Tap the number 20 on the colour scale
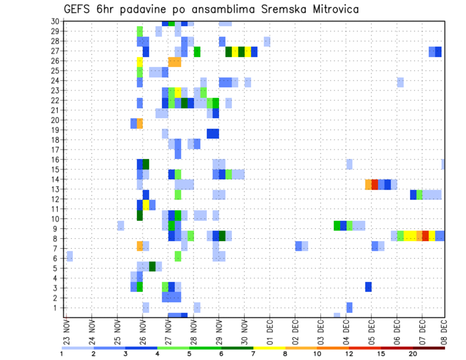(x=413, y=354)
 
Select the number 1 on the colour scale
(x=62, y=354)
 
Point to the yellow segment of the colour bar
(x=269, y=348)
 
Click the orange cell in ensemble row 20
(x=140, y=123)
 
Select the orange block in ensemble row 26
(x=175, y=62)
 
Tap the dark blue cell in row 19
(x=213, y=133)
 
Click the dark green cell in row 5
(x=152, y=266)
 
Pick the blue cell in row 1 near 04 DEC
(x=349, y=308)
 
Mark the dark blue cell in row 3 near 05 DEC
(x=368, y=287)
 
